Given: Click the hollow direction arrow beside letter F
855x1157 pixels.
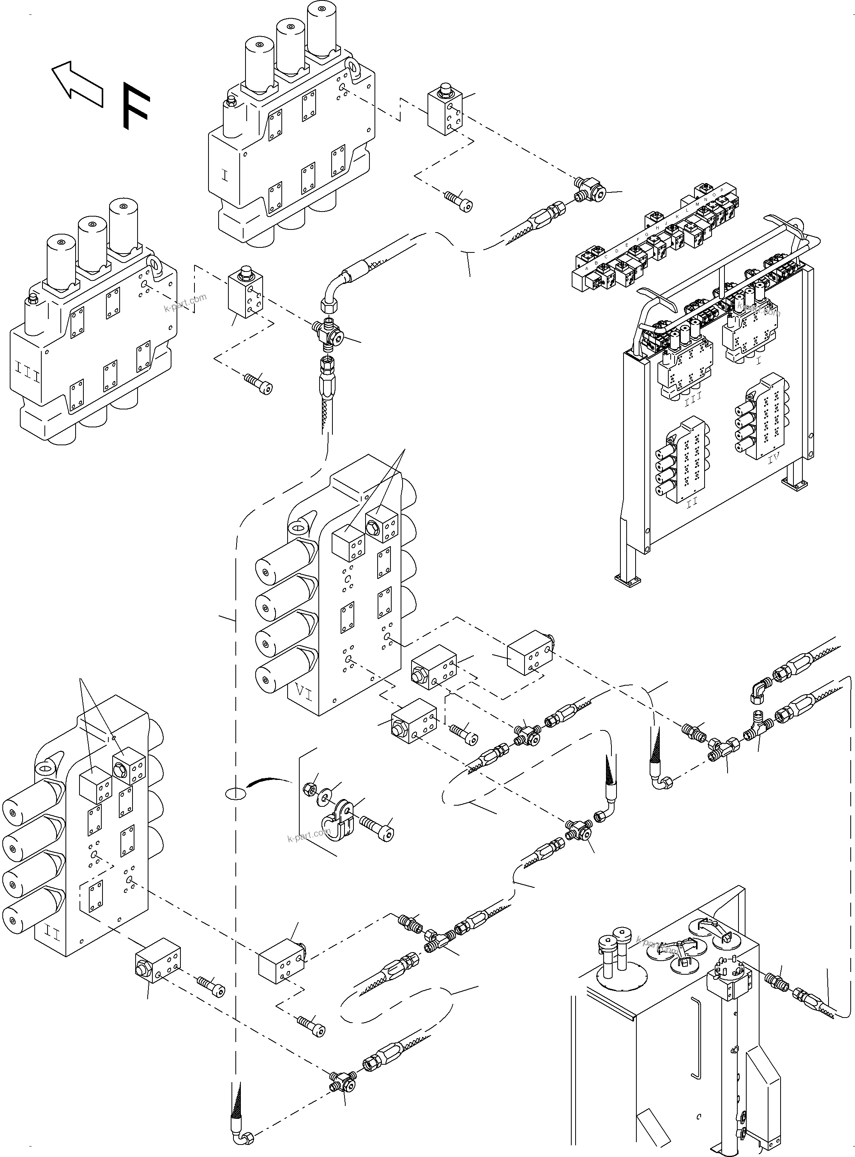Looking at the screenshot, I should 78,85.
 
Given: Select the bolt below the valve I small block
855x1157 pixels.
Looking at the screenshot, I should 459,201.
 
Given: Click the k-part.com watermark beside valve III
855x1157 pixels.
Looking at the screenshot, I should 185,303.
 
